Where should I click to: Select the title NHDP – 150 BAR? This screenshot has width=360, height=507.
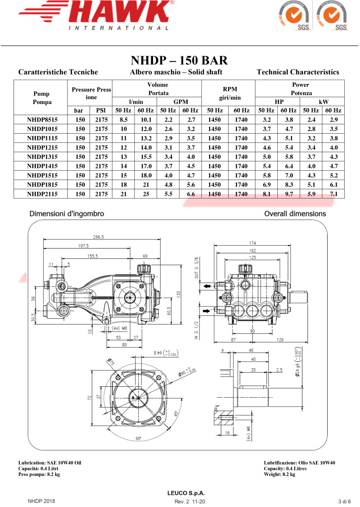(x=179, y=60)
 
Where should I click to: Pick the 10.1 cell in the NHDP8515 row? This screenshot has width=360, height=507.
(x=145, y=120)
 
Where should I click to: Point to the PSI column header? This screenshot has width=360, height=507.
(x=101, y=110)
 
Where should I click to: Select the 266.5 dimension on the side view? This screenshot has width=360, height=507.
(x=98, y=237)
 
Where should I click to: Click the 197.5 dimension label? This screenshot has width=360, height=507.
(x=84, y=246)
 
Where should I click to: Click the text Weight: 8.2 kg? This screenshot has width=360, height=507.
(x=279, y=474)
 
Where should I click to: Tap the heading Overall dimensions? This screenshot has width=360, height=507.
(x=295, y=213)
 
